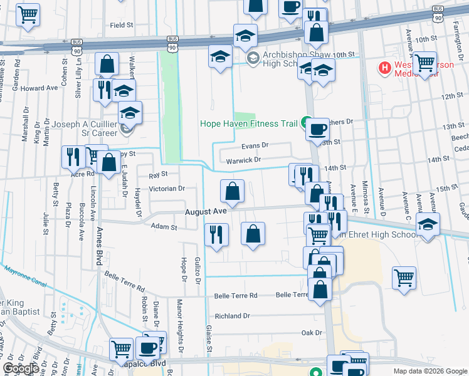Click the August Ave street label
tap(205, 212)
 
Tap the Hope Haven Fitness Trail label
tap(248, 123)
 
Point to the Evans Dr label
tap(255, 145)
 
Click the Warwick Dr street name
tap(243, 160)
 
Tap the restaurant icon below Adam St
tap(216, 236)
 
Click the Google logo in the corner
tap(20, 368)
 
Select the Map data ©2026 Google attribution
tap(429, 371)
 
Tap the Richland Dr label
tap(232, 316)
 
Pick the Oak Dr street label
tap(311, 333)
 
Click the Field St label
tap(122, 26)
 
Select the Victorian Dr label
tap(167, 188)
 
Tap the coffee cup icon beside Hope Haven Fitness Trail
tap(317, 129)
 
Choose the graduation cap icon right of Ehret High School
tap(427, 225)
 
